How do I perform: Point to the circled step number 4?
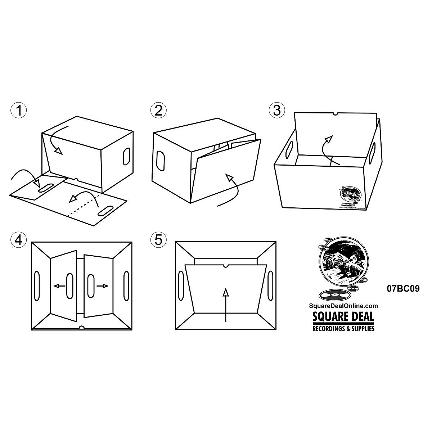19,239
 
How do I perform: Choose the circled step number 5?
159,239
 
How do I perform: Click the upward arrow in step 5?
225,304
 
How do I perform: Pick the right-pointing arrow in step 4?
103,286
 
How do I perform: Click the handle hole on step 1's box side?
126,156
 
